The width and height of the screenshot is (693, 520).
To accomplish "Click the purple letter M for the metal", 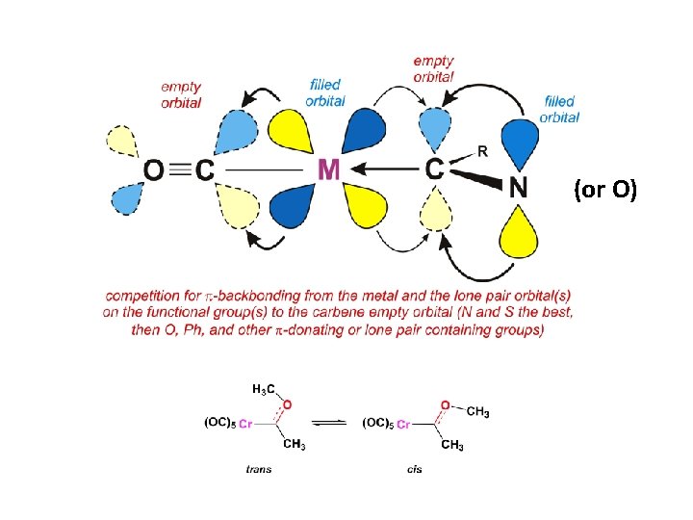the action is coord(328,170).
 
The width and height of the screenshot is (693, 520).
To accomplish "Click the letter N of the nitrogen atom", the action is coord(519,187).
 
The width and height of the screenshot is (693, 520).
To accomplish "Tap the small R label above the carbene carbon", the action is coord(484,151).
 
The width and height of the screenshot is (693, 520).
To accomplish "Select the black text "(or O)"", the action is coord(605,191).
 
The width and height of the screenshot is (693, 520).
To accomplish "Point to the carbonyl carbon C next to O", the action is coord(203,170).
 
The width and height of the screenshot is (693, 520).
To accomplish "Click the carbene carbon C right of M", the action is coord(435,169).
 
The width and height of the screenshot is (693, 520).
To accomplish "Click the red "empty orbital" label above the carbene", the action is coord(434,68).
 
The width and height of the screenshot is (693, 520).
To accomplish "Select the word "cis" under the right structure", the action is coord(415,469).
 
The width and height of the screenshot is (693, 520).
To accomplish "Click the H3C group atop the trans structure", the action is coord(264,389).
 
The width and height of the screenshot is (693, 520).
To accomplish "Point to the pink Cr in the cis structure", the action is coord(403,423).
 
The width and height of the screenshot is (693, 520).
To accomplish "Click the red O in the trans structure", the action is coord(288,404).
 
